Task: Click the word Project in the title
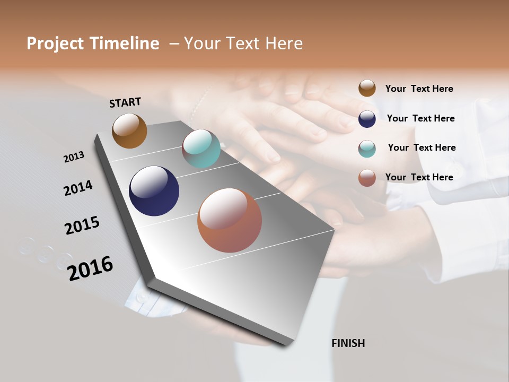(x=55, y=44)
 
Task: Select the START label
(x=125, y=102)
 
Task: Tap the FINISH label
(x=348, y=343)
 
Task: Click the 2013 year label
(x=74, y=157)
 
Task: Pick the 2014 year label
(x=78, y=188)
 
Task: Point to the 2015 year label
(x=82, y=225)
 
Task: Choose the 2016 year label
(x=90, y=268)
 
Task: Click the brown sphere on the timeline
(x=129, y=131)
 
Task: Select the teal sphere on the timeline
(x=201, y=149)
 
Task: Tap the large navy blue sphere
(x=154, y=191)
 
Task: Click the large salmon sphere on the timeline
(x=230, y=220)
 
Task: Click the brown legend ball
(x=367, y=88)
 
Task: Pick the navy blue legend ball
(x=367, y=118)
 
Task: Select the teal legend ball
(x=367, y=148)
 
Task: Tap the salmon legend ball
(x=367, y=177)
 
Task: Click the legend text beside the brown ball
(x=419, y=89)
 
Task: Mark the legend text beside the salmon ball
(x=419, y=177)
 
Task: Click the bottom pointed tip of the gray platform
(x=286, y=344)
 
